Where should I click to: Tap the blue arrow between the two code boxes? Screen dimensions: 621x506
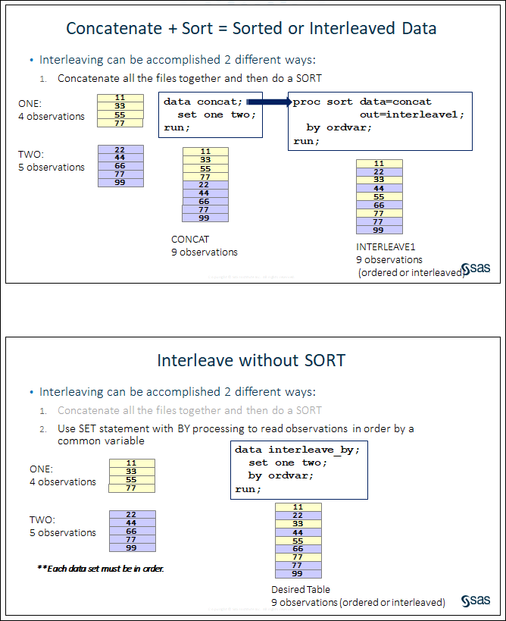coord(267,102)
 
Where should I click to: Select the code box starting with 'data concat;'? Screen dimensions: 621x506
coord(210,114)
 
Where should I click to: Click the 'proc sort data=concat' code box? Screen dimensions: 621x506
coord(379,121)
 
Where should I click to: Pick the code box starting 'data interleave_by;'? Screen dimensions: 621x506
coord(298,469)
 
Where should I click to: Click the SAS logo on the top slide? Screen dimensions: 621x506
coord(476,268)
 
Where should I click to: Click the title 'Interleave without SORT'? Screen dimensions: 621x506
coord(251,360)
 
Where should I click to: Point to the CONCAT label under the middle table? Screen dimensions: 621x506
coord(190,240)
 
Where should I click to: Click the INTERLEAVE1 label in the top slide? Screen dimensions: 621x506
coord(386,247)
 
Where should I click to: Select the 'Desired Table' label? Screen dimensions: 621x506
coord(301,589)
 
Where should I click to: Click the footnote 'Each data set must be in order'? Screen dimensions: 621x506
coord(101,568)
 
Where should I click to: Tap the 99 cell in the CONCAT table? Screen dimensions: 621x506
coord(205,218)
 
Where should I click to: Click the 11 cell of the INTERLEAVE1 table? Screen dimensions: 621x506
coord(379,163)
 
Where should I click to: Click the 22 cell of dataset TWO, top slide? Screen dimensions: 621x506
coord(120,149)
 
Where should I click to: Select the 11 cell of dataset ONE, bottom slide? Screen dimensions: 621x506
coord(132,463)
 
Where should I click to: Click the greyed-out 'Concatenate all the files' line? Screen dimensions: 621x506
coord(189,410)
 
